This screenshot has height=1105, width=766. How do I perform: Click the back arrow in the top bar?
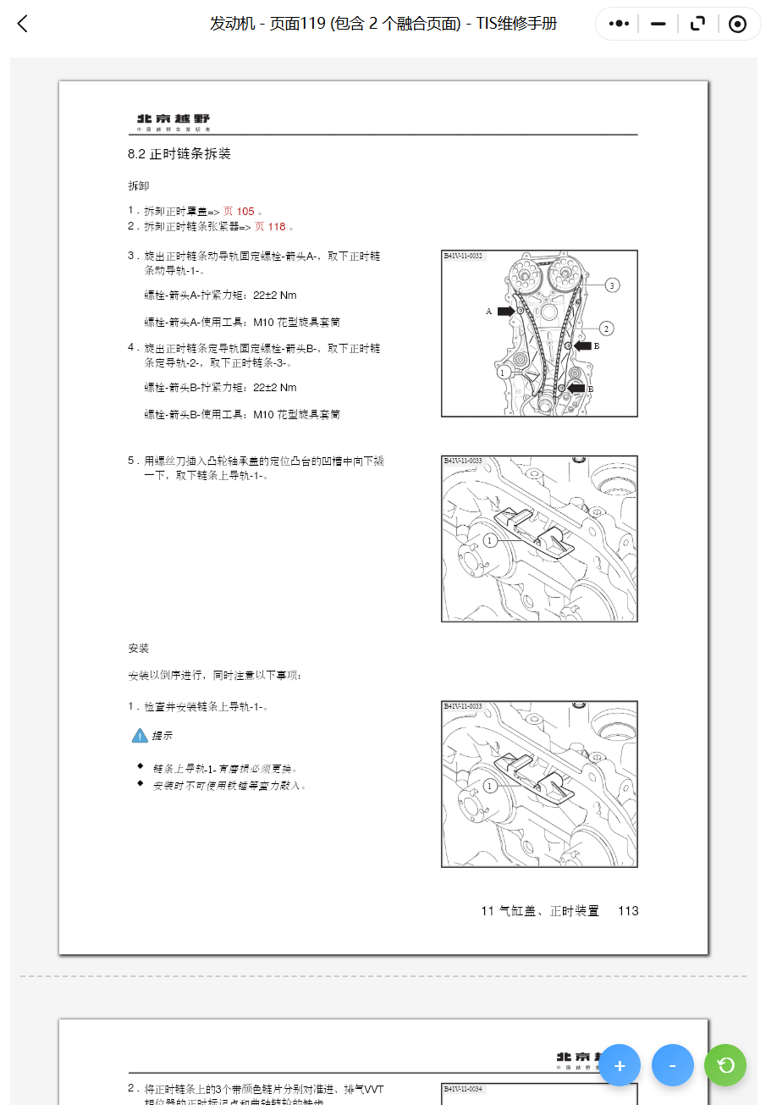point(23,24)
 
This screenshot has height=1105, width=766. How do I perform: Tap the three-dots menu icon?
point(619,24)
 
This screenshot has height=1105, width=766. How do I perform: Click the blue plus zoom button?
point(620,1065)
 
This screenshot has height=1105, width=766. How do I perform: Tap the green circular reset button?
point(725,1065)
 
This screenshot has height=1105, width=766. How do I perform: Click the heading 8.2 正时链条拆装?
point(179,154)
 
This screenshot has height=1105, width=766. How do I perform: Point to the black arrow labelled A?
point(505,312)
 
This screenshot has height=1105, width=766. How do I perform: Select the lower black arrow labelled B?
point(576,388)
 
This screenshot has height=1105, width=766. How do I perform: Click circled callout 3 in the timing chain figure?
point(612,285)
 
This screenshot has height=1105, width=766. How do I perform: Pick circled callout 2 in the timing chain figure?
point(606,328)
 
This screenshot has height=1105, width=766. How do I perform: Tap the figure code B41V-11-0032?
point(463,256)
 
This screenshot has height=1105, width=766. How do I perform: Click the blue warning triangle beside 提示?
point(140,736)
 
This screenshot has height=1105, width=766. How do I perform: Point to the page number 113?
point(628,911)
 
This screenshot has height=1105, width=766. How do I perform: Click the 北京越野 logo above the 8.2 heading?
point(174,121)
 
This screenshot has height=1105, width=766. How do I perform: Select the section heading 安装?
point(138,649)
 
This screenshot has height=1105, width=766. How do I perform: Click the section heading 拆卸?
point(138,185)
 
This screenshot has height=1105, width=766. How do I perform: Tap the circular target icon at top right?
point(737,24)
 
